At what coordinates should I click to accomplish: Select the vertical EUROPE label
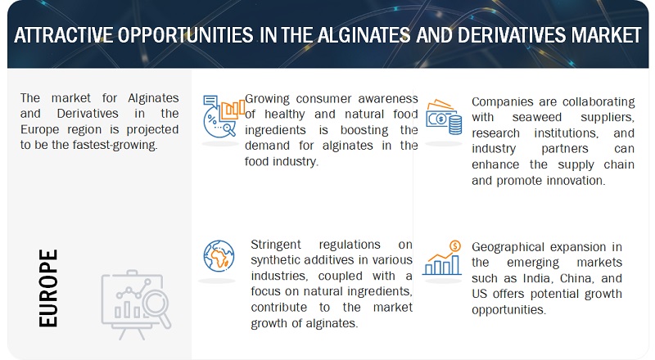(48, 288)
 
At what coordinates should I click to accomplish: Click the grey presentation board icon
(136, 305)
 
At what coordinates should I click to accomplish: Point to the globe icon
(219, 256)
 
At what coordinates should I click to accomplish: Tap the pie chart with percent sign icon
(224, 116)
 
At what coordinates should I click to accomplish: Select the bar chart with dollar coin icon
(442, 258)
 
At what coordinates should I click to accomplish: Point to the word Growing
(267, 99)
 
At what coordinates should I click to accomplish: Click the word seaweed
(537, 117)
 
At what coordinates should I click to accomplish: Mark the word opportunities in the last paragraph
(508, 310)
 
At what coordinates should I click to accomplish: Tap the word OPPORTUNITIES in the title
(185, 35)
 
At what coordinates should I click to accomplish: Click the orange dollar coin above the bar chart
(455, 246)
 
